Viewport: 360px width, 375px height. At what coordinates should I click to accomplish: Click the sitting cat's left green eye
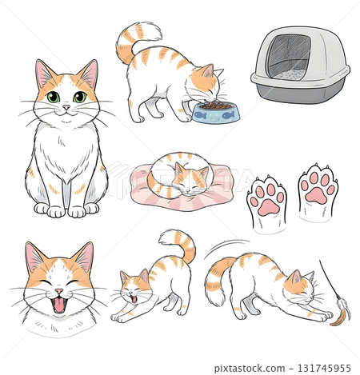[x=53, y=97]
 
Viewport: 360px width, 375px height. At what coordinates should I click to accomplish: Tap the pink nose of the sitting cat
[x=66, y=107]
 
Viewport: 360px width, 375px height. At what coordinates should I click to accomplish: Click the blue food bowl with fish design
[x=215, y=113]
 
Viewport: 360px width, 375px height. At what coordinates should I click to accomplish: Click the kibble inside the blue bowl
[x=214, y=105]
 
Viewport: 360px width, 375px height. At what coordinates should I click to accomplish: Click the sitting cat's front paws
[x=66, y=210]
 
